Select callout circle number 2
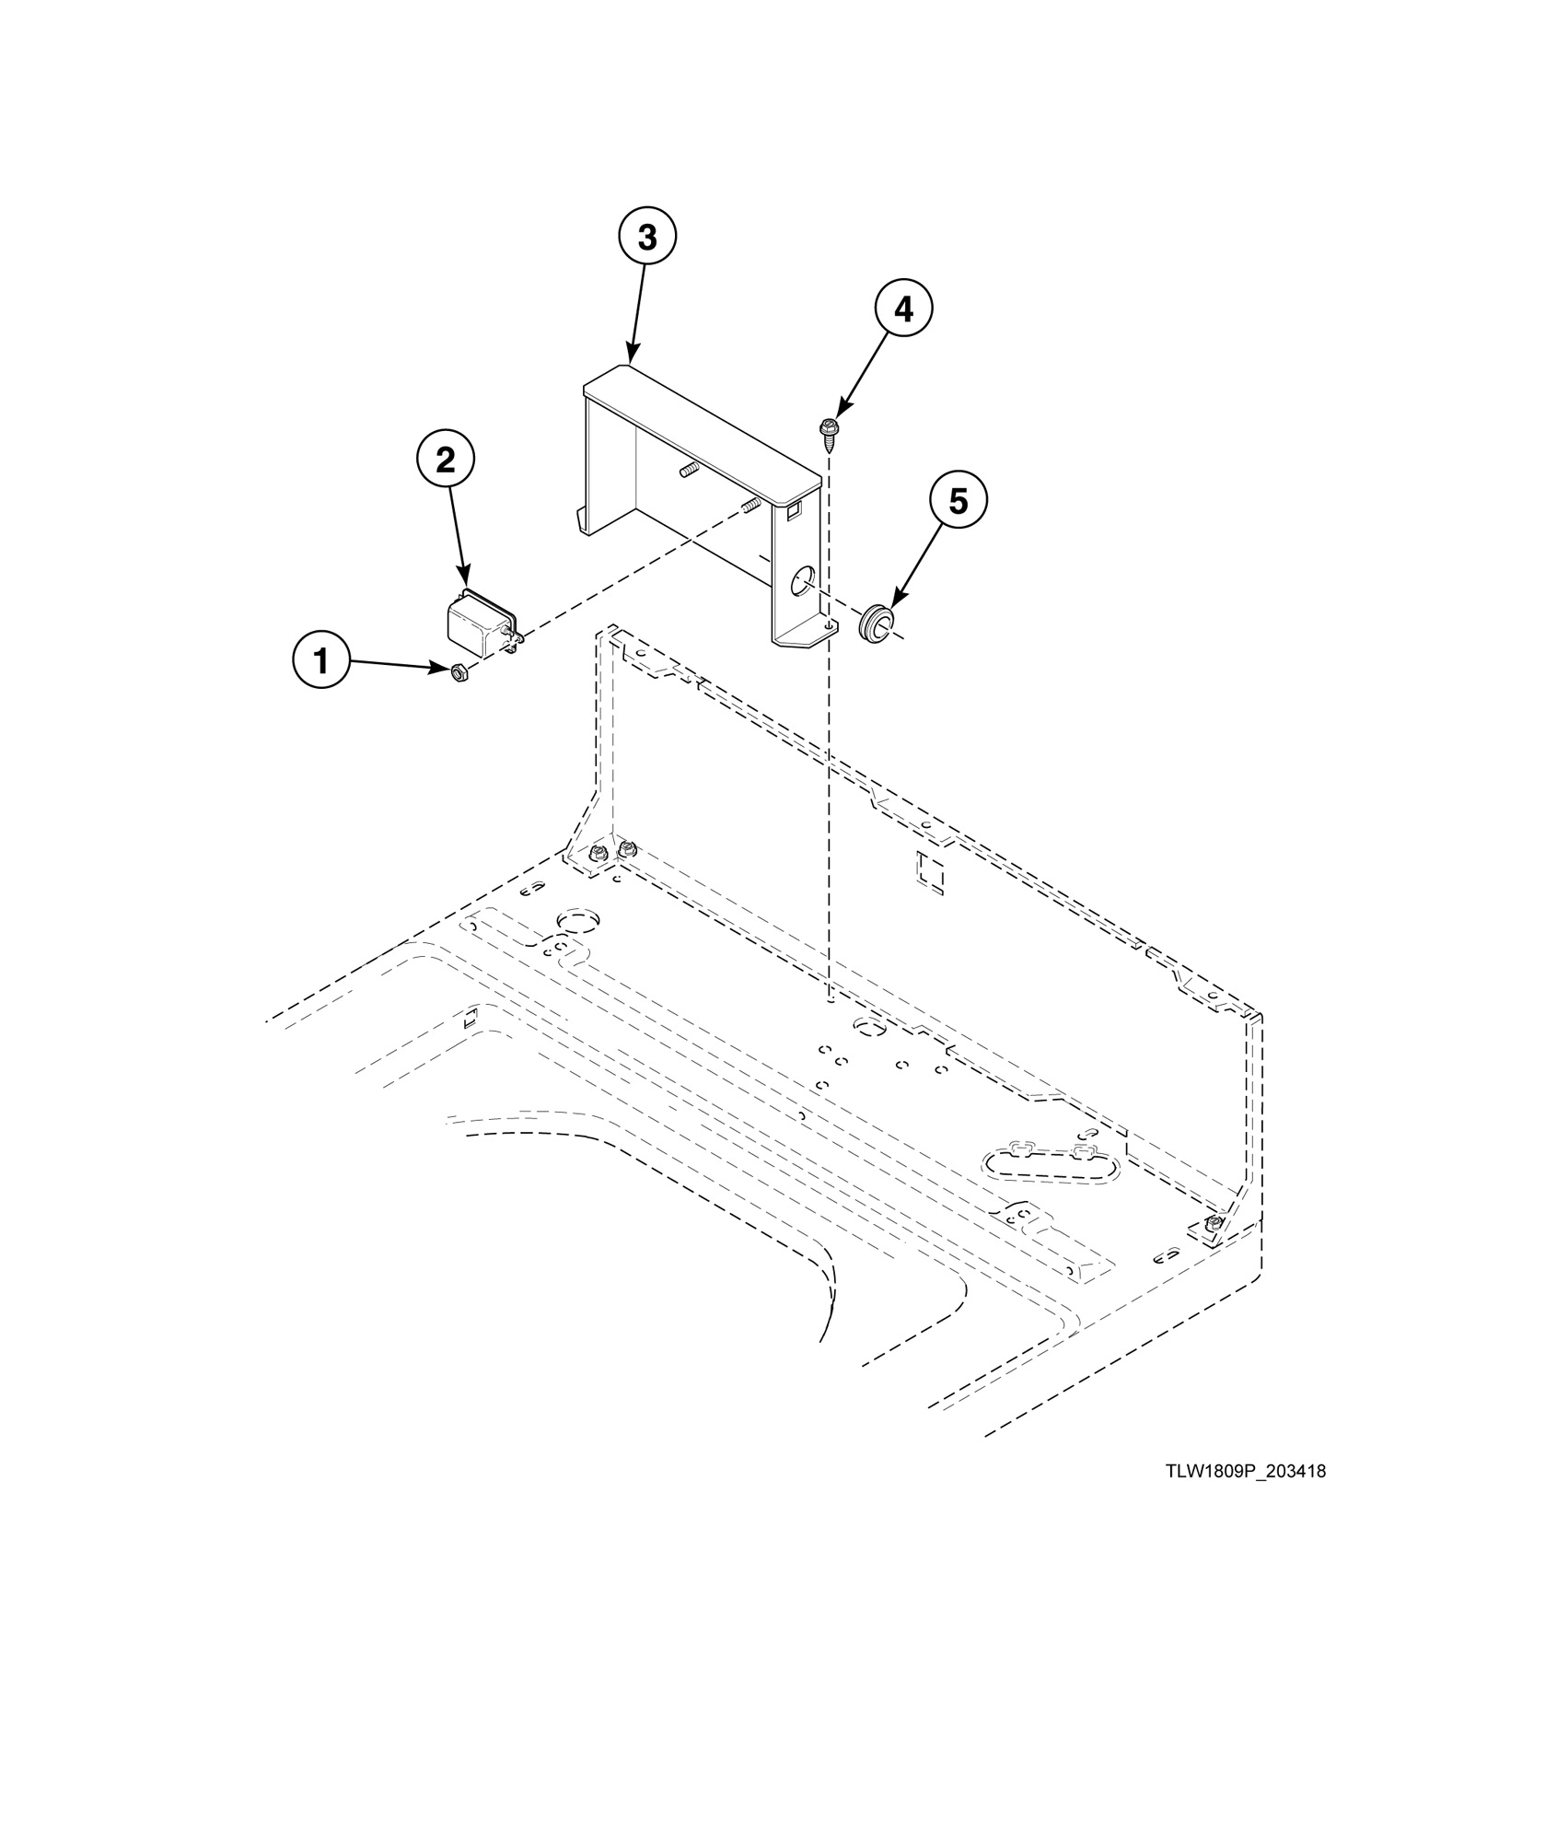pos(446,460)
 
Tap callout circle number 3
pos(647,237)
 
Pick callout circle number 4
pos(903,309)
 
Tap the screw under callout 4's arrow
pos(827,432)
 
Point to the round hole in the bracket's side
pos(802,580)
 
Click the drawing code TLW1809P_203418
pos(1245,1472)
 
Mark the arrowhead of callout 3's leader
pos(630,360)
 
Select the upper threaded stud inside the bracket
pos(687,472)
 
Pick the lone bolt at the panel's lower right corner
pos(1214,1222)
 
